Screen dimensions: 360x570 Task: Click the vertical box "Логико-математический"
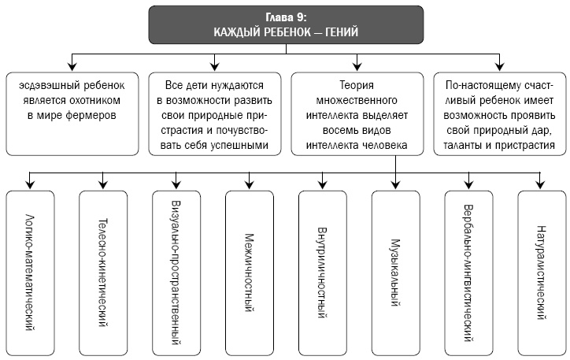[x=30, y=271]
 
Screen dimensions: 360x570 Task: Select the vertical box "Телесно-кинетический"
[x=103, y=271]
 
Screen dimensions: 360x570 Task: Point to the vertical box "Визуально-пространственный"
[x=176, y=271]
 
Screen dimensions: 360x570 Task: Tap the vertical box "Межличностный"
[x=249, y=271]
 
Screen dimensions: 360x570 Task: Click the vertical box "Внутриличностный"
[x=322, y=271]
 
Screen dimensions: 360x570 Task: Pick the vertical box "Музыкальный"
[x=395, y=271]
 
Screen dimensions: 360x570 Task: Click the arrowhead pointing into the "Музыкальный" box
[x=395, y=185]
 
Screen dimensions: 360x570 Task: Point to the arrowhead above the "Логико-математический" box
[x=30, y=185]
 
